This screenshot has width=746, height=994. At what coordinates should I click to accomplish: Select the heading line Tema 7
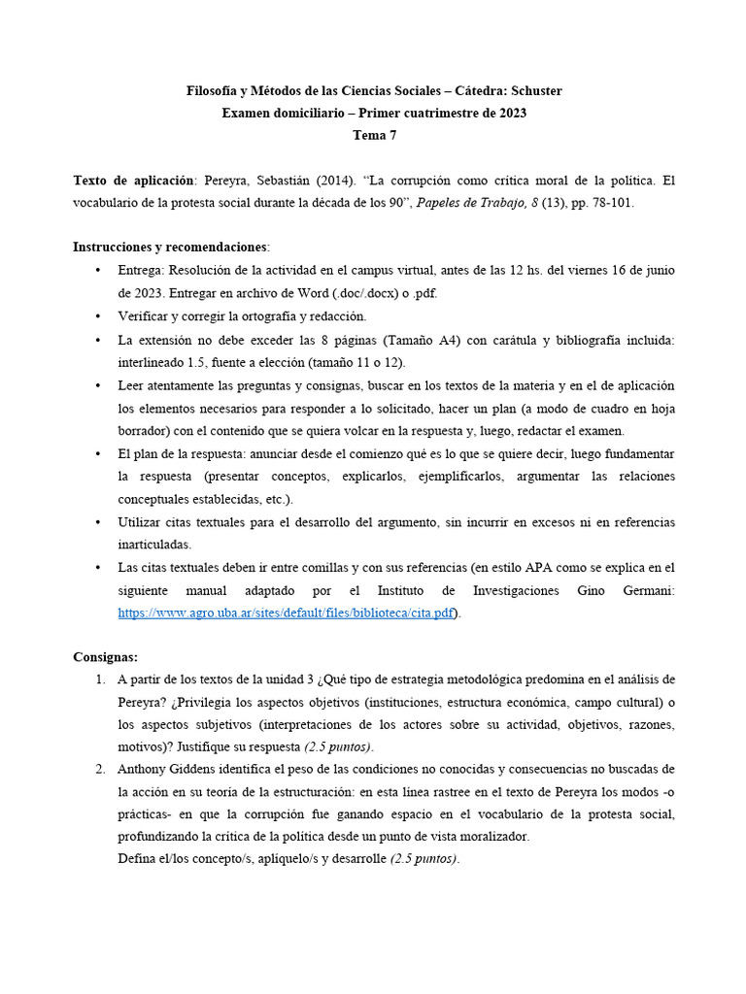click(374, 136)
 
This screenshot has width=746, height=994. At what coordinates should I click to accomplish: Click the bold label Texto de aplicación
click(134, 182)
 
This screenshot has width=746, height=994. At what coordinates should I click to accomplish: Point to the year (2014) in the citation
click(357, 182)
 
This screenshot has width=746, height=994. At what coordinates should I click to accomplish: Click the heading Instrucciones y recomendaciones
click(171, 248)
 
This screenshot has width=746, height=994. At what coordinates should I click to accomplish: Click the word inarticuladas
click(154, 545)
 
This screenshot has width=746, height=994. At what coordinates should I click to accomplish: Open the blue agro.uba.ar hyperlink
click(286, 613)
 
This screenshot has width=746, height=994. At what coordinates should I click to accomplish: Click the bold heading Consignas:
click(106, 658)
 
